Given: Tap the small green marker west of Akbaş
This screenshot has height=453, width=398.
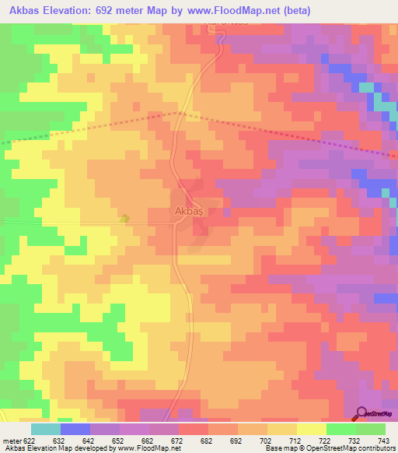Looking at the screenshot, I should pyautogui.click(x=124, y=219).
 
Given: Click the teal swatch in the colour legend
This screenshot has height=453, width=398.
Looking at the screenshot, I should pyautogui.click(x=45, y=429).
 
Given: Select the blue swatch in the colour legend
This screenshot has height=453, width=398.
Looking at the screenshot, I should pyautogui.click(x=75, y=429).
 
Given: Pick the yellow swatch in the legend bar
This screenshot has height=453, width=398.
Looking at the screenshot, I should pyautogui.click(x=311, y=429).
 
